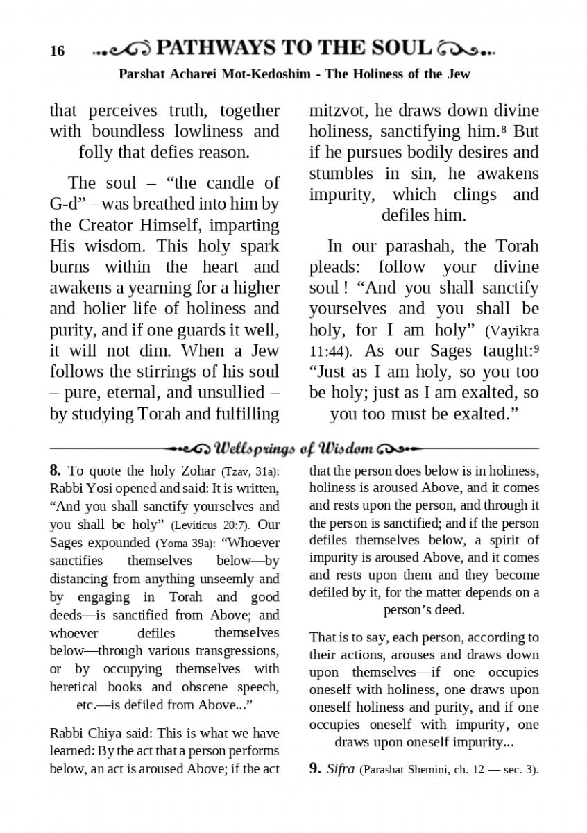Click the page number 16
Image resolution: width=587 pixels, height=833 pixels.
point(57,51)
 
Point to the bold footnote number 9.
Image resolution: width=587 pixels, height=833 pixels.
point(315,768)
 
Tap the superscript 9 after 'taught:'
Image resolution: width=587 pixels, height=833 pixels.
point(536,348)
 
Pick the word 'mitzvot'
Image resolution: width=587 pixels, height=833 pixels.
point(336,110)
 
